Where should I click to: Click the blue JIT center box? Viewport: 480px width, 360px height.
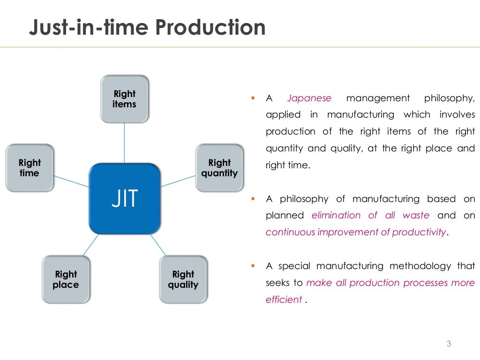(125, 198)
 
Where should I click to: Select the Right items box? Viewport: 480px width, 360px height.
(124, 99)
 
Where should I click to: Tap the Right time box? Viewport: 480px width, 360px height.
(30, 168)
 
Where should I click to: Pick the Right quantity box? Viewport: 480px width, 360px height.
(219, 168)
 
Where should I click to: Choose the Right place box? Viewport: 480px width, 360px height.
(66, 279)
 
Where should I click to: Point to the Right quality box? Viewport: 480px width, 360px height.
(183, 279)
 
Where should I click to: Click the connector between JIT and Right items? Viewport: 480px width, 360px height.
(124, 143)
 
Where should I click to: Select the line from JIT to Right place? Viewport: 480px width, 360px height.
(90, 245)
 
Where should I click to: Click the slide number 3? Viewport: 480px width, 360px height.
(449, 345)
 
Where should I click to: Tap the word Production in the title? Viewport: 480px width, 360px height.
(210, 28)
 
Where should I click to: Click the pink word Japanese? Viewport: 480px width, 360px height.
(309, 98)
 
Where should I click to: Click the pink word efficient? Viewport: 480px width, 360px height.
(284, 300)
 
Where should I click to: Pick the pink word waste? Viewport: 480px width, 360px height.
(416, 216)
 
